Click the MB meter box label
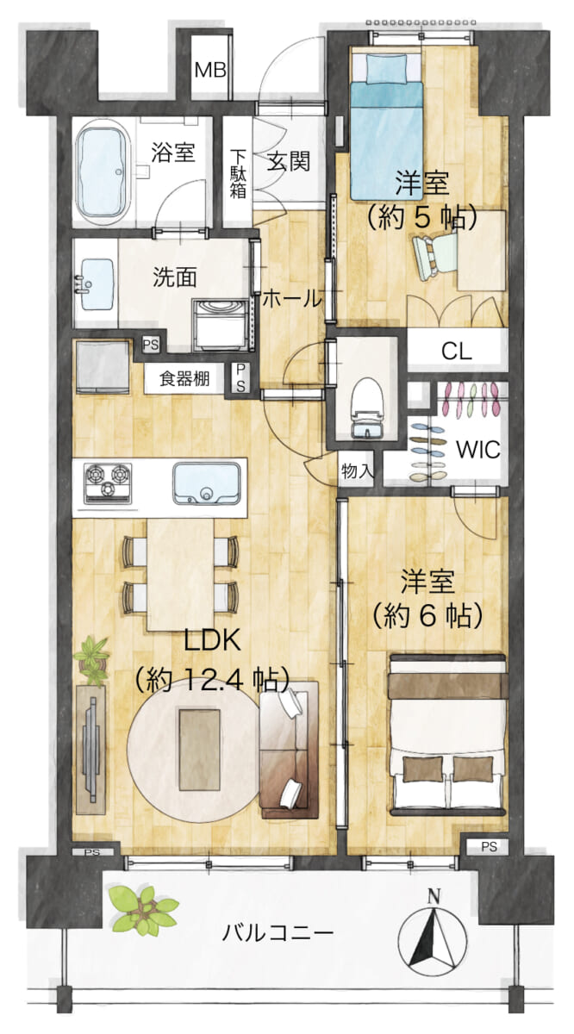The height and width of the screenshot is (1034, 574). (x=210, y=70)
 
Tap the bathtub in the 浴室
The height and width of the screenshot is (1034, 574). (x=103, y=173)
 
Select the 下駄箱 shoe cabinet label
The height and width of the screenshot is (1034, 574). (x=238, y=173)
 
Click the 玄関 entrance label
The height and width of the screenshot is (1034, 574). (x=289, y=162)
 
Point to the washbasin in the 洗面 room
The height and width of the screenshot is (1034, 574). (x=97, y=283)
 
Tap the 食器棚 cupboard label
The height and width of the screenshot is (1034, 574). (x=184, y=379)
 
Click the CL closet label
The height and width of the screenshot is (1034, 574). (x=456, y=352)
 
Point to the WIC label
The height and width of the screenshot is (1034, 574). (x=478, y=449)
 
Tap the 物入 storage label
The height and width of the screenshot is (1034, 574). (x=357, y=471)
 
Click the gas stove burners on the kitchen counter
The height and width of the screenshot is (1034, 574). (x=108, y=483)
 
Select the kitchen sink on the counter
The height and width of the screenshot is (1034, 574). (x=207, y=483)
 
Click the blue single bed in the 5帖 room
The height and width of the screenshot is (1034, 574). (x=386, y=127)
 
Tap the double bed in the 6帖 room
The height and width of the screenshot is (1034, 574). (x=448, y=734)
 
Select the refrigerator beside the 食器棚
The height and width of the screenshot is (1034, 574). (x=103, y=367)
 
